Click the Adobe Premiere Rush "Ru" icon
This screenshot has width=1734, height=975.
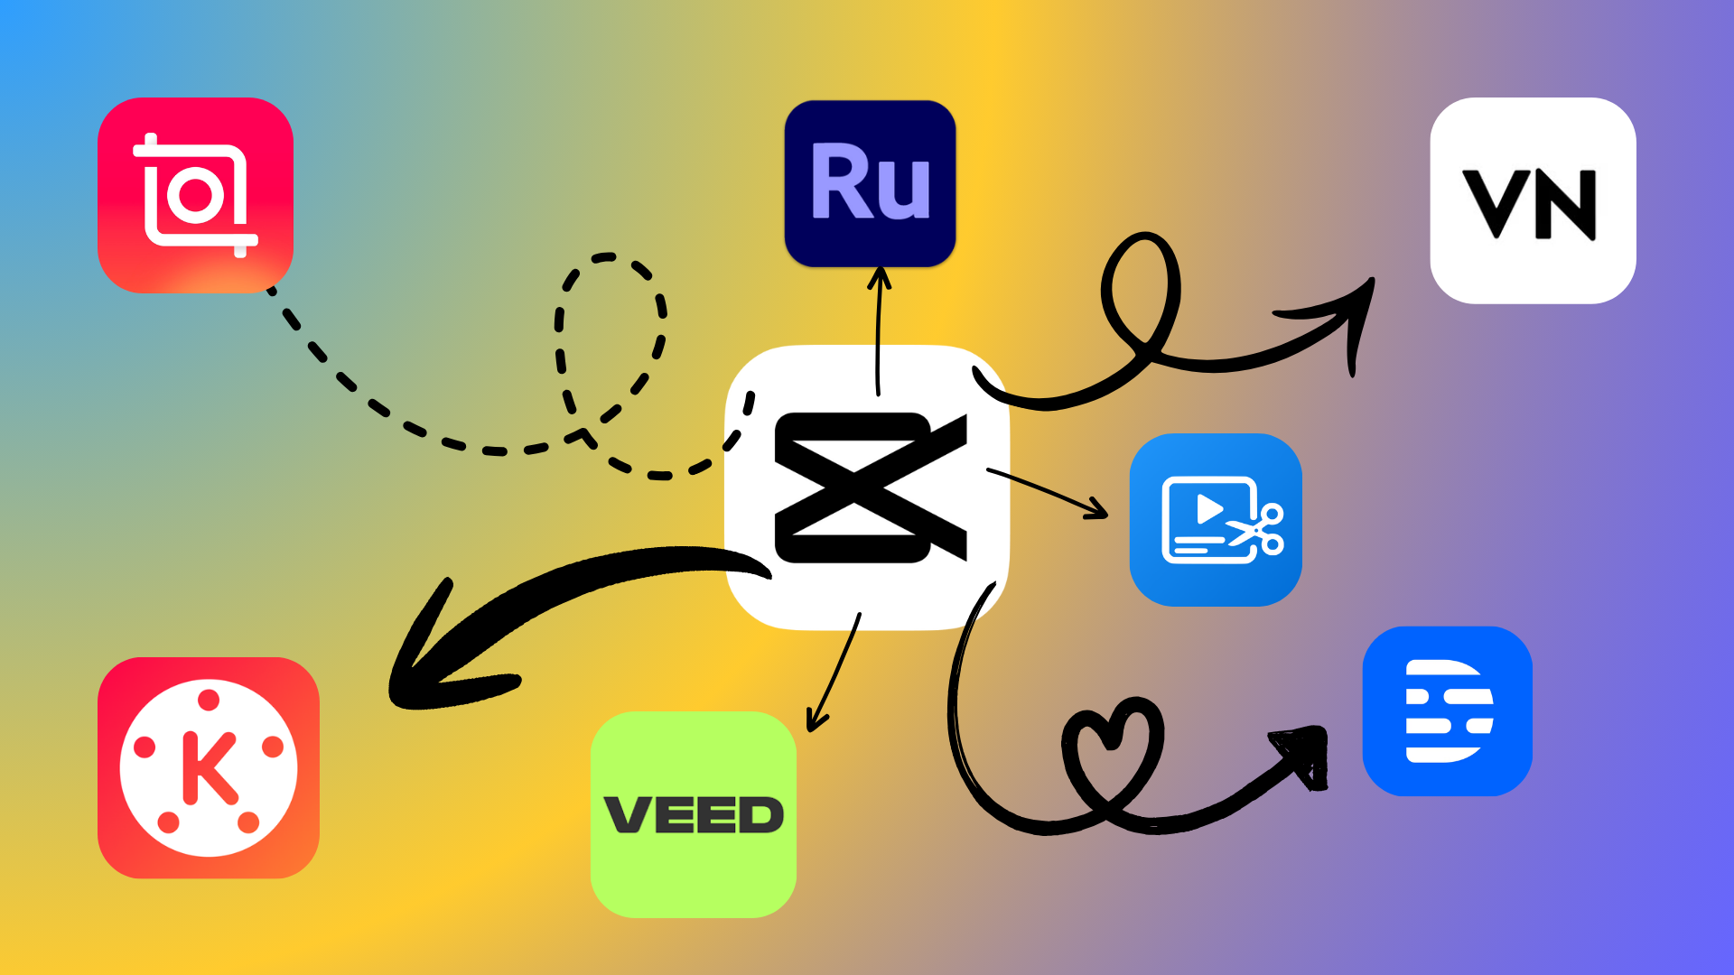coord(870,183)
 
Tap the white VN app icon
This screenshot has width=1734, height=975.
coord(1533,200)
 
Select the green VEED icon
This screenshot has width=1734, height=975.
coord(693,814)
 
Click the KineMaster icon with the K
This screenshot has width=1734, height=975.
coord(209,767)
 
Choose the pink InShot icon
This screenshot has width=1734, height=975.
coord(195,195)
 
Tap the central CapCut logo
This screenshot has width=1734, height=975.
coord(867,487)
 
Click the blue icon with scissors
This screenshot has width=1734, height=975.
coord(1216,519)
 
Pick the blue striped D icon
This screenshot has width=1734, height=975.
coord(1447,710)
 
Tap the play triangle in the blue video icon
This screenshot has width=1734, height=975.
coord(1208,509)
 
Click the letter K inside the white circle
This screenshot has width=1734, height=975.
coord(210,768)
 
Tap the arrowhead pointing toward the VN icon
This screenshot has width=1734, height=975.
coord(1350,316)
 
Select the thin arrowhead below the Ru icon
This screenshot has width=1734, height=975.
coord(879,275)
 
